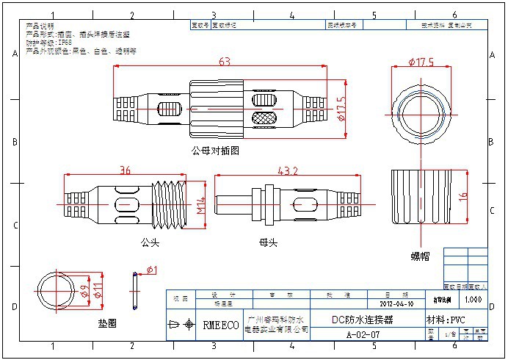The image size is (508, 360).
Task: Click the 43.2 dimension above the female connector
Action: (x=286, y=170)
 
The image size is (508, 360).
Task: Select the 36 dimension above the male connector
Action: (x=126, y=170)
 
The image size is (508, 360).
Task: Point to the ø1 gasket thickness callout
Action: (x=150, y=271)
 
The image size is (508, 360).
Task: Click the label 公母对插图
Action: (x=215, y=151)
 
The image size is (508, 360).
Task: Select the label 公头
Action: (x=150, y=241)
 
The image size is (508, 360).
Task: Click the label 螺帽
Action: (x=420, y=256)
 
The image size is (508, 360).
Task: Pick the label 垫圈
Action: (x=107, y=323)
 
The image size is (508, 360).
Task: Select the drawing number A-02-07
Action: (x=363, y=334)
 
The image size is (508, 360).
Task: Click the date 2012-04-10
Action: (x=396, y=303)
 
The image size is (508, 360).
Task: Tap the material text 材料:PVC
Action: (x=446, y=320)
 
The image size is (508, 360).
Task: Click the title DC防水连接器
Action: (x=363, y=320)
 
